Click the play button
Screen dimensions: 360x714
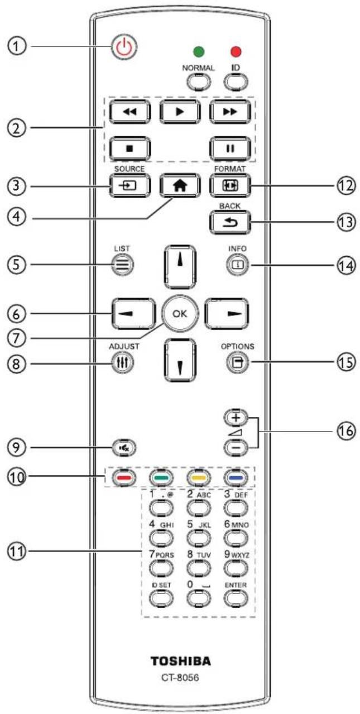coord(180,112)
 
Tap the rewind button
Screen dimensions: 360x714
coord(129,112)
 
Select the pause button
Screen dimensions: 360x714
coord(230,148)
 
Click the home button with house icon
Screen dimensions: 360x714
coord(180,185)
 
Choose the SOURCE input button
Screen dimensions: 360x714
coord(129,185)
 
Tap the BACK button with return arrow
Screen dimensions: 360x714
coord(230,222)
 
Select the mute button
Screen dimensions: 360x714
coord(124,448)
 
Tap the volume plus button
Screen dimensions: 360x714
coord(236,418)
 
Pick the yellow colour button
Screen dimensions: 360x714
coord(199,478)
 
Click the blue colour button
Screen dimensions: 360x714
coord(236,478)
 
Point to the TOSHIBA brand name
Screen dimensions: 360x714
coord(181,662)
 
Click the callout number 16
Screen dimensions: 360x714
coord(345,431)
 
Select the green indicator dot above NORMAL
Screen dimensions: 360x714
coord(199,51)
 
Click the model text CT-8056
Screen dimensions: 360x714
coord(180,678)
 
